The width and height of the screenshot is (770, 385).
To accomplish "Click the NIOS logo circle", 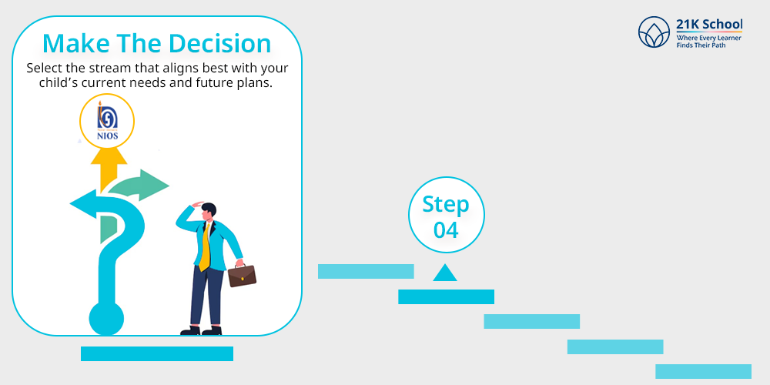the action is point(107,121).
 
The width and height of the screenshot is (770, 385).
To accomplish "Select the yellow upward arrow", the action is point(108,169).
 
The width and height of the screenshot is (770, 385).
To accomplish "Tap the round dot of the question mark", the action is point(106,319).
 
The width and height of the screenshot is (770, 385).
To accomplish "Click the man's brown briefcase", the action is point(242,275).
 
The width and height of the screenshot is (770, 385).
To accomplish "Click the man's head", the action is point(208,210).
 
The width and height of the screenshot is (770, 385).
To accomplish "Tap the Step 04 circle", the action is point(447,215).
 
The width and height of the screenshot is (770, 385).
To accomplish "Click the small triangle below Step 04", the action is point(445,273).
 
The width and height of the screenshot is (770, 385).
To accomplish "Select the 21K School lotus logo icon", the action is point(654,32).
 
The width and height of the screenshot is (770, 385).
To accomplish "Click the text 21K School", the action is point(709,24).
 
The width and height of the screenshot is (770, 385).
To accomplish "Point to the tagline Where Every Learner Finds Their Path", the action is point(708,42).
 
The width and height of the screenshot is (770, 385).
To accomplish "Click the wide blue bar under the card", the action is point(156,353).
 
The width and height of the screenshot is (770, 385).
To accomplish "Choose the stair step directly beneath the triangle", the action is point(446,296).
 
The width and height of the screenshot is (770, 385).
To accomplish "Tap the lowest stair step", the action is point(703,371).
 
